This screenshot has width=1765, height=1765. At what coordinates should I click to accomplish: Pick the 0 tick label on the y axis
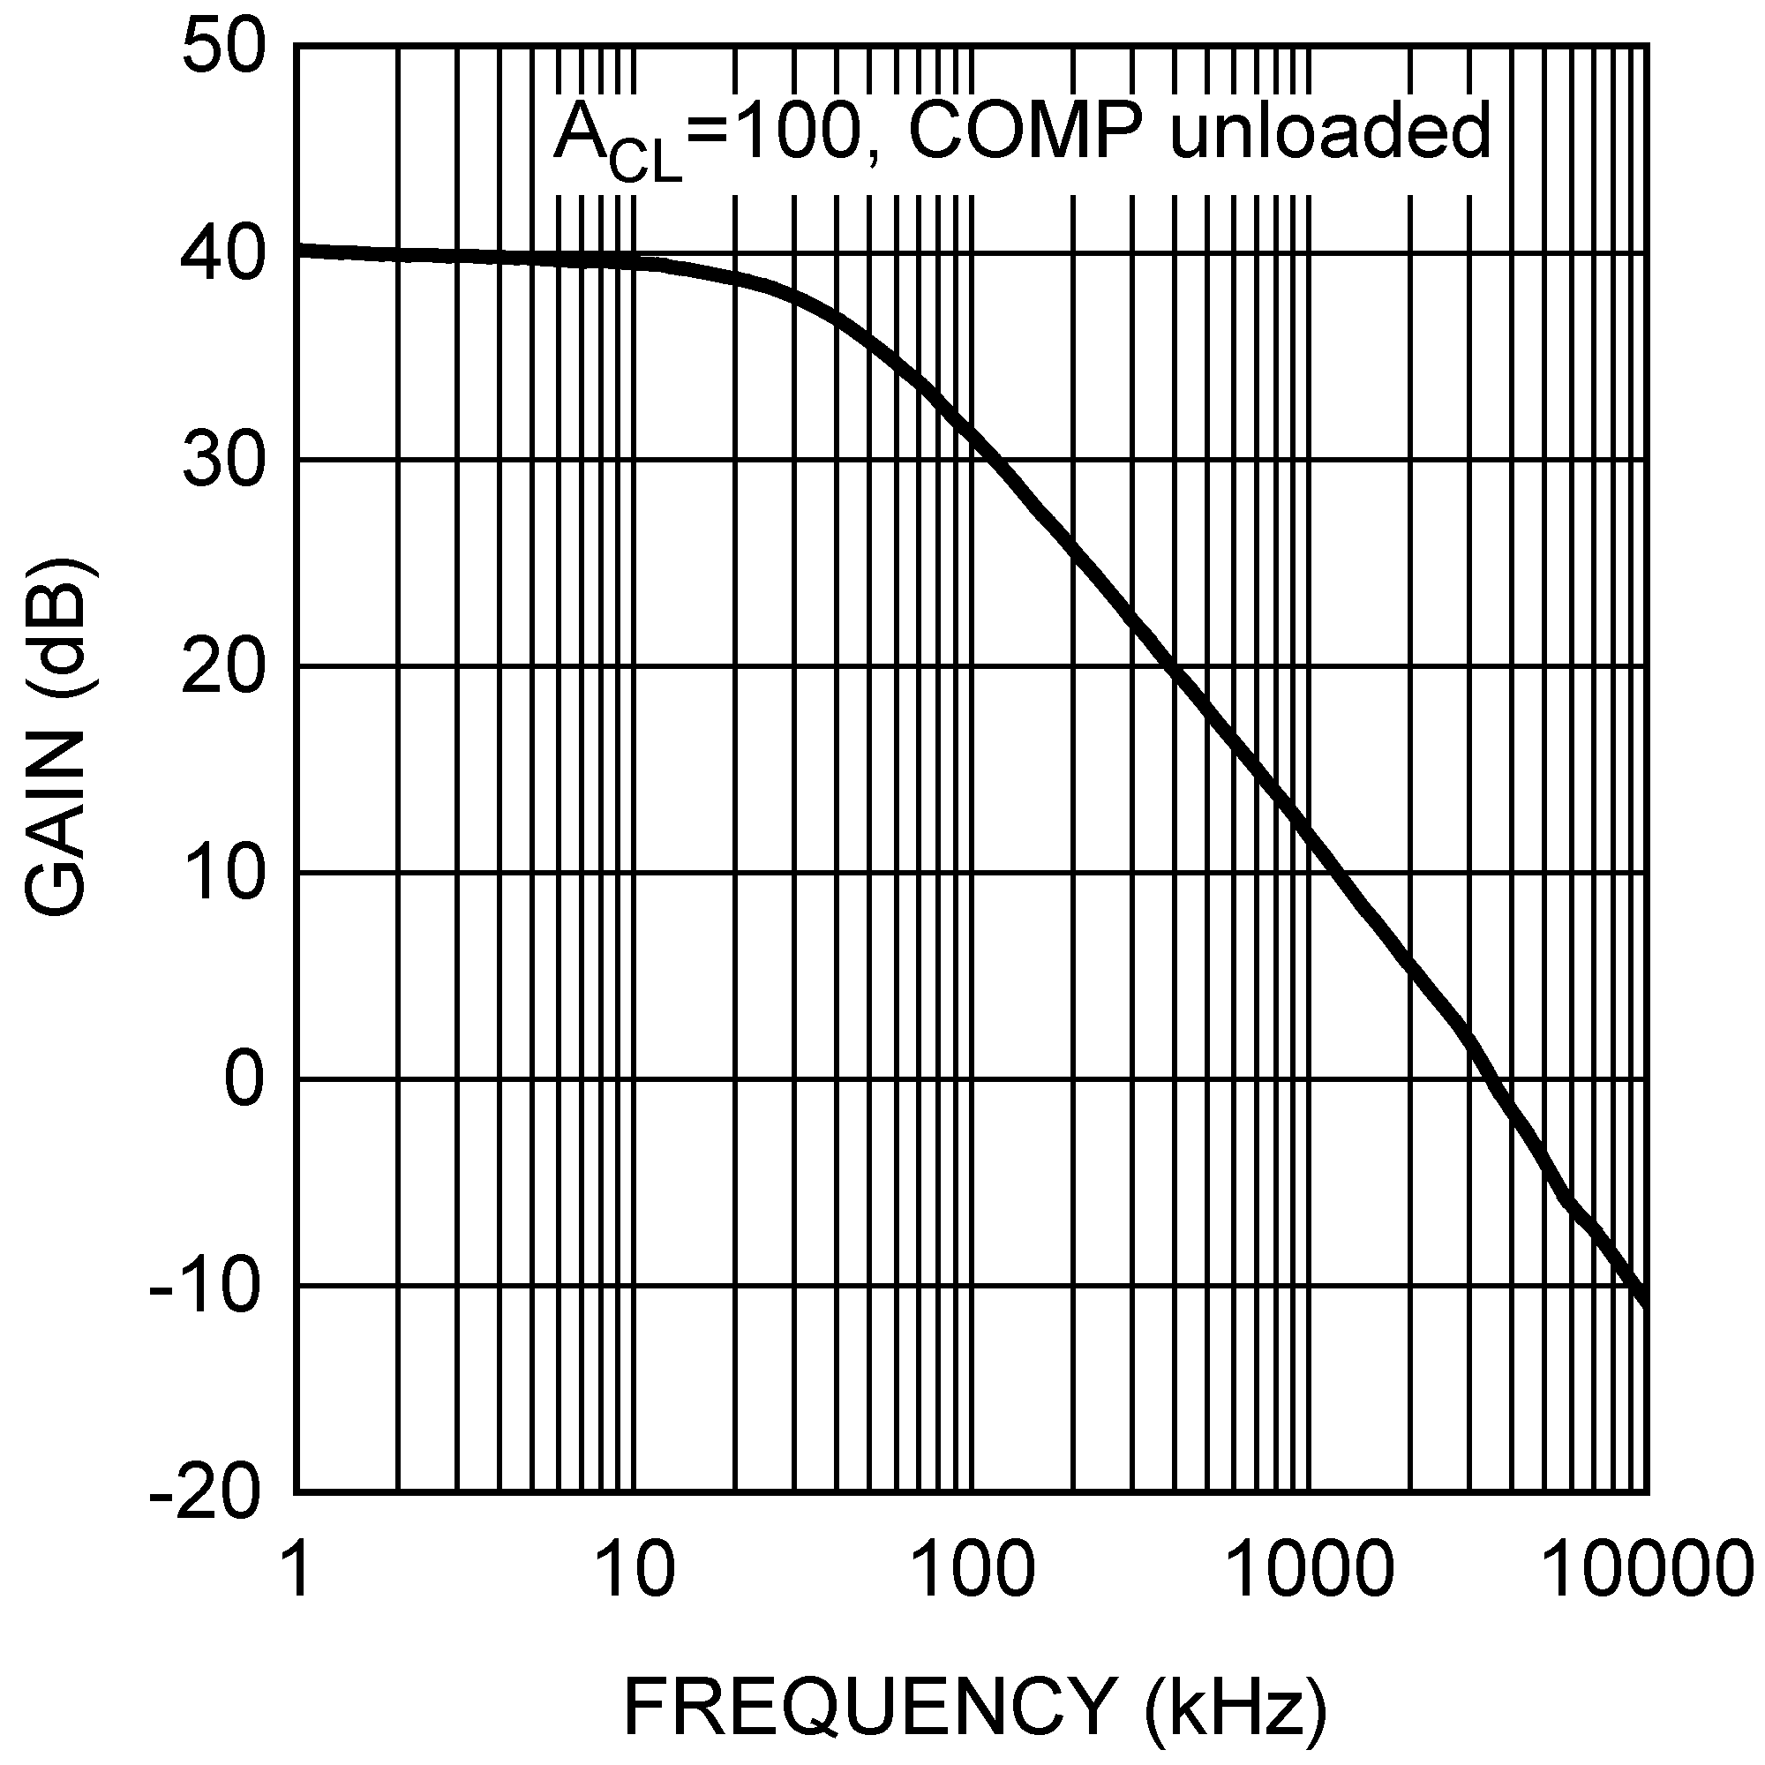click(x=244, y=1080)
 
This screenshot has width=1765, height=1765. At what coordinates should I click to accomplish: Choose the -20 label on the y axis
click(x=206, y=1495)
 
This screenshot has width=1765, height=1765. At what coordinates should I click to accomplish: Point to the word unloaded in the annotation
click(x=1330, y=132)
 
